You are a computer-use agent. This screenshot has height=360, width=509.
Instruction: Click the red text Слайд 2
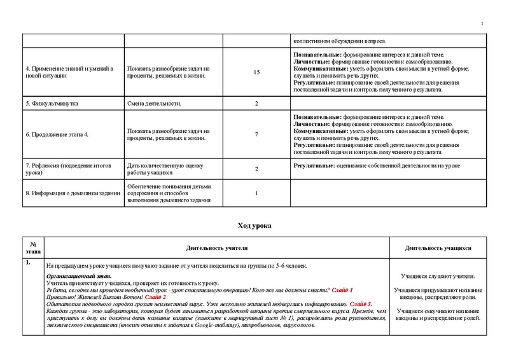click(155, 297)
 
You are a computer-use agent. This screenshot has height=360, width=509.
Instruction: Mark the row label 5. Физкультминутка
click(53, 103)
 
